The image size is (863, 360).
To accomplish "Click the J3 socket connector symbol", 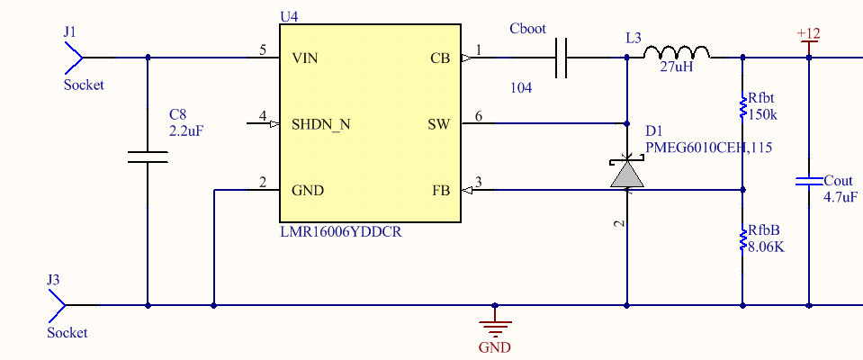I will pos(56,305).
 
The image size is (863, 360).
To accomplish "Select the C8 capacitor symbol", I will pos(148,157).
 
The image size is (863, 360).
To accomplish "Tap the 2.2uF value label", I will pos(186,130).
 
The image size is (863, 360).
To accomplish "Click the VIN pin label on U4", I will pos(304,58).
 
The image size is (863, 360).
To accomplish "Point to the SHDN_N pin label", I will pos(321,124).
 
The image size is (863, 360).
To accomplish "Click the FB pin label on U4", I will pos(441,191).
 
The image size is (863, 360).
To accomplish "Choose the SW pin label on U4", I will pos(438,124).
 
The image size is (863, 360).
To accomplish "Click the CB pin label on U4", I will pos(440,58).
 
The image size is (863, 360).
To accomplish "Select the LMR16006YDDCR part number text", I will pos(341,232).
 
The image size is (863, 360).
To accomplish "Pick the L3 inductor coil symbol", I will pos(677,53).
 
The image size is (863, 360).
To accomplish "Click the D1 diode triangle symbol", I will pos(627,173).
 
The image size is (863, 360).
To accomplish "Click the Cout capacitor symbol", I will pos(807,182).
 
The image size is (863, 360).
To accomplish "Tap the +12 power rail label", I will pos(808,34).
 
